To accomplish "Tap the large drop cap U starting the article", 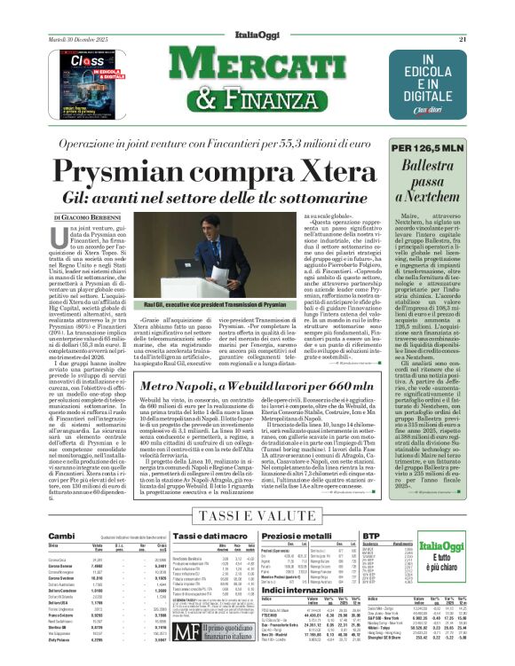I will coord(61,237).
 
